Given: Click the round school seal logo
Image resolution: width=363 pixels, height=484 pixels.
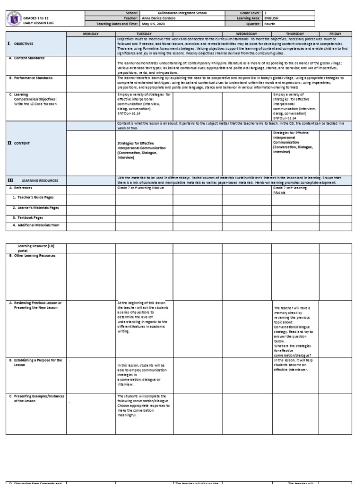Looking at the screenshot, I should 13,19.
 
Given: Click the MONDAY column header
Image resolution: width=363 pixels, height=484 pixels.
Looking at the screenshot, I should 91,34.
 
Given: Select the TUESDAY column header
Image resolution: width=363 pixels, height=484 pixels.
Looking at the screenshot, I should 144,34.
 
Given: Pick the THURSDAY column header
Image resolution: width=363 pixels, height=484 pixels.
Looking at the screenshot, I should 295,34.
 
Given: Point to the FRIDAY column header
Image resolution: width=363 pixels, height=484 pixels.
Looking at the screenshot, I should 335,34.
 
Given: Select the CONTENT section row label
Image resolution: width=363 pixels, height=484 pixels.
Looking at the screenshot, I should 21,143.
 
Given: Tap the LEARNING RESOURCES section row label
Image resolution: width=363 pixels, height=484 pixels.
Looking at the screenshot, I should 39,181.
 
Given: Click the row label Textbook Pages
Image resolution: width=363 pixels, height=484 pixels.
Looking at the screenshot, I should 27,217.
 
